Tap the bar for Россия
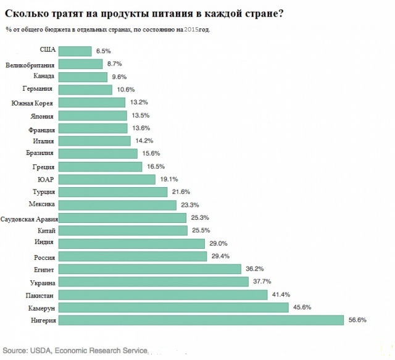133,256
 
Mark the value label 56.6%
358,320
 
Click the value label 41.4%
280,295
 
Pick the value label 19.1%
168,179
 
